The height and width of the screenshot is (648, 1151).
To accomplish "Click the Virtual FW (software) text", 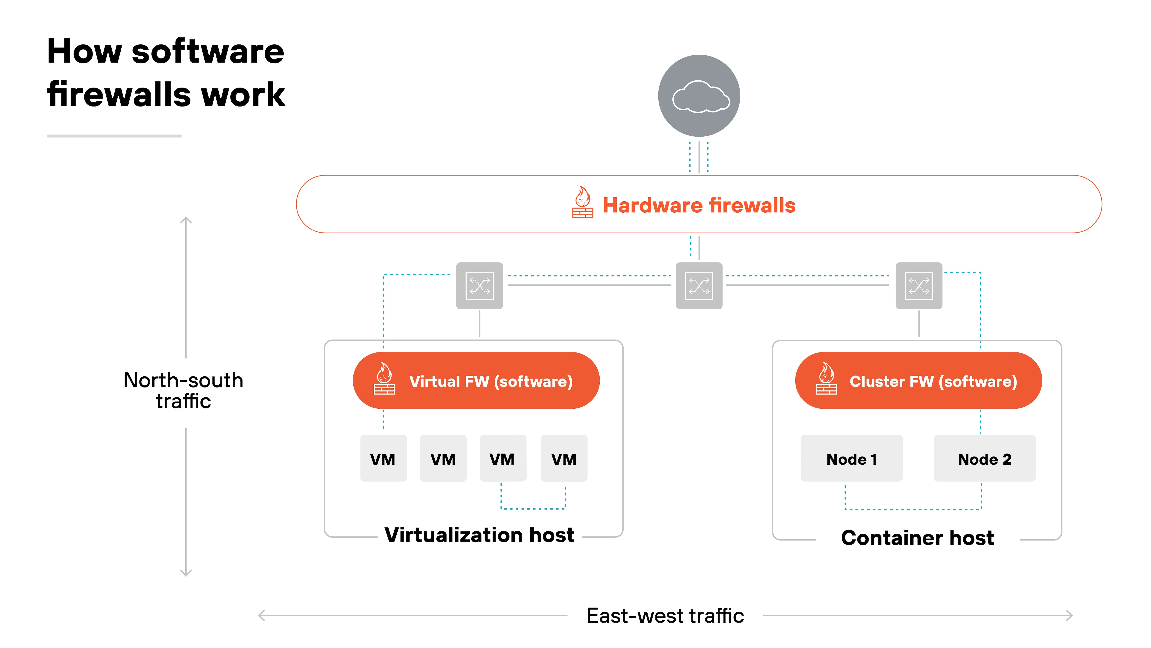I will coord(491,381).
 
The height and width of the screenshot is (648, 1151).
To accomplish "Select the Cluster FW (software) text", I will coord(933,381).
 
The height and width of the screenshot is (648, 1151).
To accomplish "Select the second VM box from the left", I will coord(443,458).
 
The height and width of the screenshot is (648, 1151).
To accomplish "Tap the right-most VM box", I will coord(564,458).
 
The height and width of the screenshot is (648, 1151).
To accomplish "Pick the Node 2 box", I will coord(984,458).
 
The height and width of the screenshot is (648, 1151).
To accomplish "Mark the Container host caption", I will coord(917,537).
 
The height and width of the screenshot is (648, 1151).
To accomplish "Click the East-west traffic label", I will coord(665,616).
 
